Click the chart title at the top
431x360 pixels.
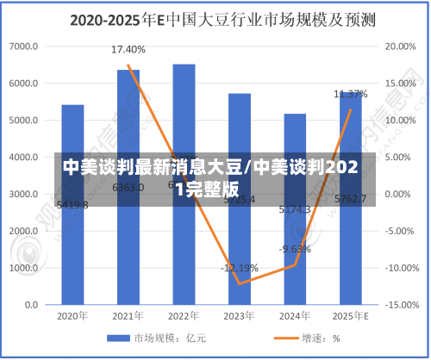[215, 17]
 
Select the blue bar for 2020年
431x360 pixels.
[72, 250]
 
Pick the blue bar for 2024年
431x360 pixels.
[295, 258]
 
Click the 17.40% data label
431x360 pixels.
[128, 49]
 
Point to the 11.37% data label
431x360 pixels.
[351, 94]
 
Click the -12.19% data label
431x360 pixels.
[239, 268]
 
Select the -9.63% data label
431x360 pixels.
[295, 249]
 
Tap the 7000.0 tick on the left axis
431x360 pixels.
[24, 46]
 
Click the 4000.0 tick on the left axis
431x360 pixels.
[24, 158]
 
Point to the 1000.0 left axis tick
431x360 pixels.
[24, 269]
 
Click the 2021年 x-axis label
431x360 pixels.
[128, 316]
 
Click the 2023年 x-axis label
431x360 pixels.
[240, 316]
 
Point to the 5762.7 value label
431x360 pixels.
[350, 199]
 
